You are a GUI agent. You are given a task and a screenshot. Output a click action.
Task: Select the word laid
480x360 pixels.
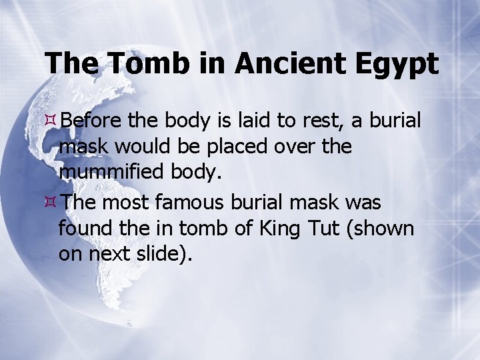(x=254, y=121)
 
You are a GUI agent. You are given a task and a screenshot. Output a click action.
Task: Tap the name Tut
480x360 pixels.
(x=321, y=229)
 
